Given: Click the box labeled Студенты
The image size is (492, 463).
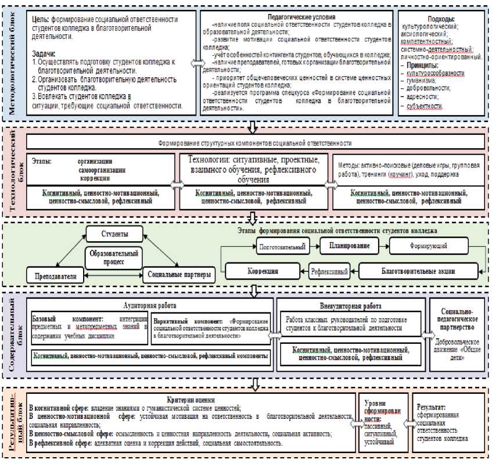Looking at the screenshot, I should [x=116, y=235].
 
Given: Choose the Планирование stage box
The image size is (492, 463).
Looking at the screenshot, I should [x=346, y=246].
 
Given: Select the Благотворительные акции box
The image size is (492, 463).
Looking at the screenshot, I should [x=418, y=271].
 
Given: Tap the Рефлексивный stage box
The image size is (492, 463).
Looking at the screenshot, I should [x=329, y=271].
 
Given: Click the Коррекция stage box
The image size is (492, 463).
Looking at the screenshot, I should [x=263, y=271].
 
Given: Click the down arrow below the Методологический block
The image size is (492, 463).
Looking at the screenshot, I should [x=252, y=125].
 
